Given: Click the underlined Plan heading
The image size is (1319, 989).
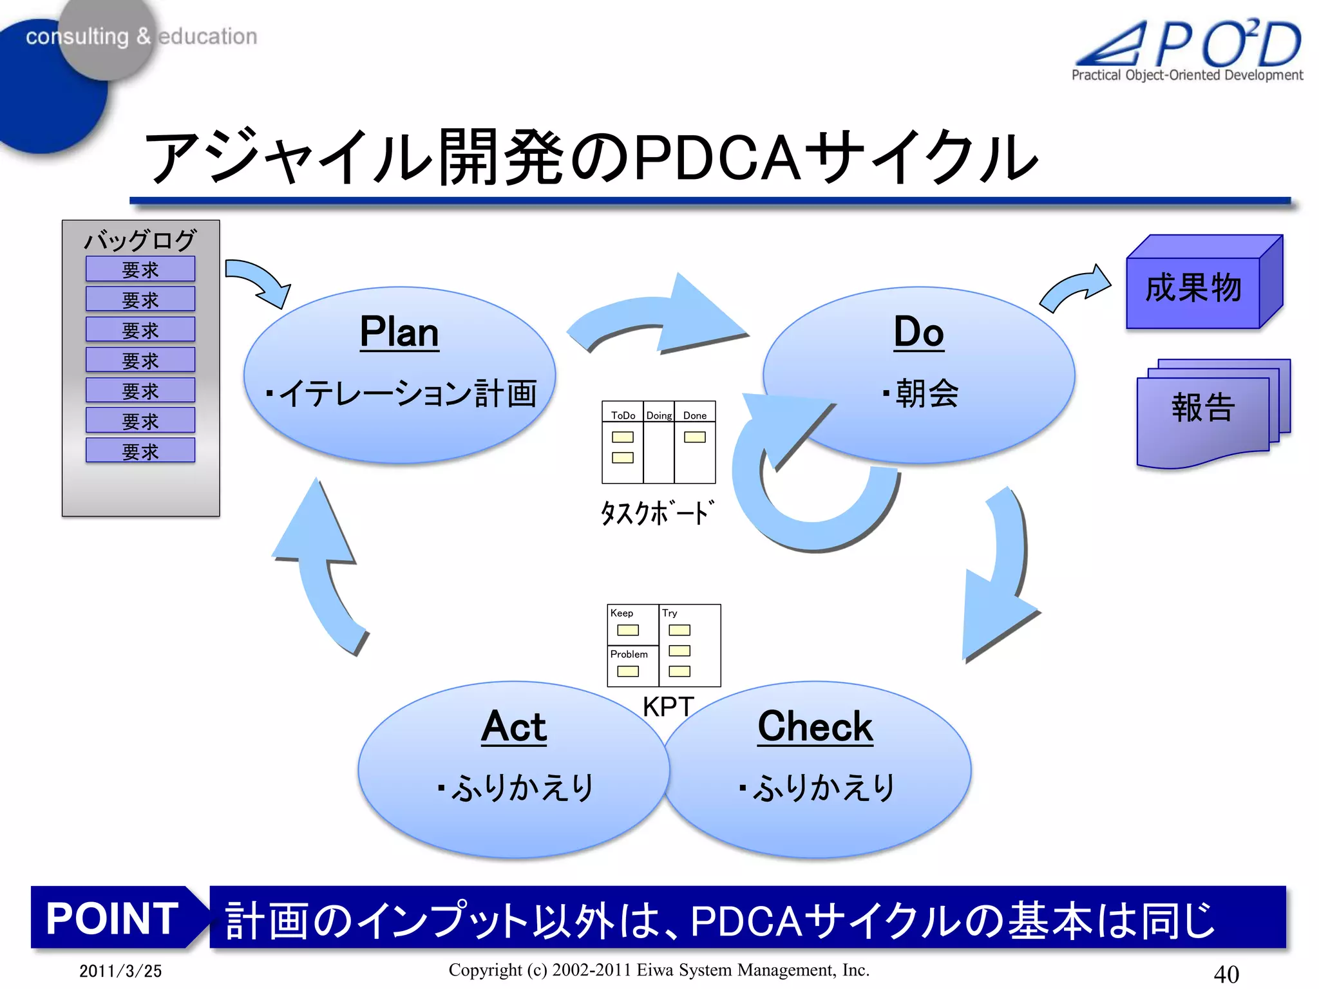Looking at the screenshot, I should (399, 332).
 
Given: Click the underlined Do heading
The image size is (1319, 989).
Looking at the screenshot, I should (918, 332).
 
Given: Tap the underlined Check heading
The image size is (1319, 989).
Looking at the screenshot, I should (815, 726).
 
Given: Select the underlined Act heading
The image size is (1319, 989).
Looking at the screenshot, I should (514, 726).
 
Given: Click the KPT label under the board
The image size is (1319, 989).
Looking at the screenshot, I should (668, 707).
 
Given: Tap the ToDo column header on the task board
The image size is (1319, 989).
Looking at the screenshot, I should (623, 415).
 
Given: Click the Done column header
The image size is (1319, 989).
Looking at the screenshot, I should (695, 415).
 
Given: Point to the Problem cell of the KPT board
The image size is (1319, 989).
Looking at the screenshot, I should (629, 654).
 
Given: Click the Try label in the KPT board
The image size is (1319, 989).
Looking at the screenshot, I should (670, 613).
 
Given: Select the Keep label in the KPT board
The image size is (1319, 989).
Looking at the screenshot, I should (622, 613).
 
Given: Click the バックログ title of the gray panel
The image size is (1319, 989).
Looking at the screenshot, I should (140, 240).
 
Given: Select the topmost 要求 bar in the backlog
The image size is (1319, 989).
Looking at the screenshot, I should (140, 269).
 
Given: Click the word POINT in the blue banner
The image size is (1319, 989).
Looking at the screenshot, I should (113, 918).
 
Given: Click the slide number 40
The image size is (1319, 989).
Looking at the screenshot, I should (1226, 973).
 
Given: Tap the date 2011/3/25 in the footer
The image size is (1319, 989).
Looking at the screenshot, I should (120, 971).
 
